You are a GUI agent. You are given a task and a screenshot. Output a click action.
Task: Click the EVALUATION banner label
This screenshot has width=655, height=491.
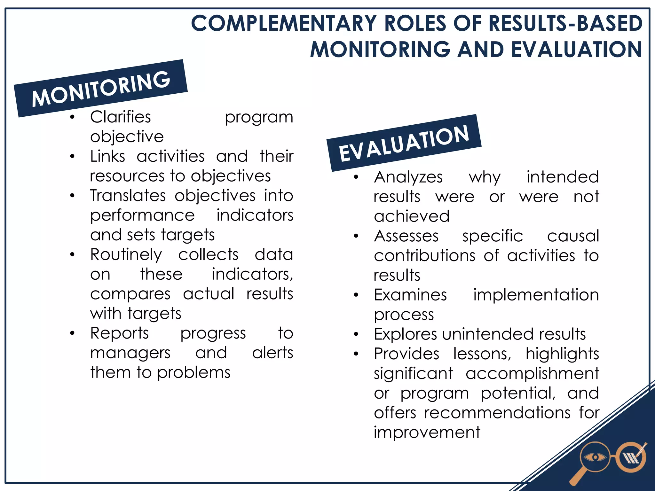click(404, 143)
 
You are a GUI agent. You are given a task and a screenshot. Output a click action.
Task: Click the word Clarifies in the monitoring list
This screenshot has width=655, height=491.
click(120, 117)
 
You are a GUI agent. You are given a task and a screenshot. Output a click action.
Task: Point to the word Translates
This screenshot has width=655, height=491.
click(128, 195)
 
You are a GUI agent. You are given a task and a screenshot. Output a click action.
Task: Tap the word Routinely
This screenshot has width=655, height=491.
click(126, 255)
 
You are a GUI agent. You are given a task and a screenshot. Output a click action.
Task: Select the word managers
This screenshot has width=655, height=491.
click(130, 353)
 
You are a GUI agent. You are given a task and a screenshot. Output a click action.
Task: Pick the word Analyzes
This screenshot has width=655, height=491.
click(408, 177)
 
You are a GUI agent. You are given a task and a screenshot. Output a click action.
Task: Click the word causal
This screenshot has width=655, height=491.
click(573, 236)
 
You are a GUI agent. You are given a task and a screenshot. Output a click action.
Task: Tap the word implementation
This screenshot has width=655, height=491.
click(536, 295)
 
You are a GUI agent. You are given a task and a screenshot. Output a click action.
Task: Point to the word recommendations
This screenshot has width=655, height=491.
click(497, 413)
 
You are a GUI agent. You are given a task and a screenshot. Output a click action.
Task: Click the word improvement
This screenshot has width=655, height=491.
click(427, 432)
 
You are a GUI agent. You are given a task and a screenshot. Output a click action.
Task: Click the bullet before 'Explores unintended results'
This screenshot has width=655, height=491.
click(356, 334)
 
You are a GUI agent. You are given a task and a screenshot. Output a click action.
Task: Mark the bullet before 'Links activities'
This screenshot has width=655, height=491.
click(73, 157)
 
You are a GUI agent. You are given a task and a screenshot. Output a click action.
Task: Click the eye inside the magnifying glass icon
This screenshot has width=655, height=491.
click(595, 457)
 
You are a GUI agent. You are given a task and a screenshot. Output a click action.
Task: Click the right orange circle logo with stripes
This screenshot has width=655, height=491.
click(631, 457)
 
